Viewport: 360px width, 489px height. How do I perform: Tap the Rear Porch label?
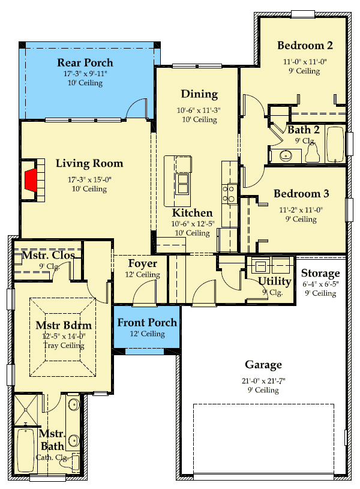pos(85,62)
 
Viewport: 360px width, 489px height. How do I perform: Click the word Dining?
pos(199,94)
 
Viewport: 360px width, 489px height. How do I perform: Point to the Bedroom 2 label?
pos(305,46)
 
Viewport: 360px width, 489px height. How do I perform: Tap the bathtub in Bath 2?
pos(335,145)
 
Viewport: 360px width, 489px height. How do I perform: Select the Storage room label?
pos(320,274)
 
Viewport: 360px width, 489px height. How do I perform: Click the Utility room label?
pos(275,281)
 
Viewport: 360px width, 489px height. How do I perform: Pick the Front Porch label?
pos(147,323)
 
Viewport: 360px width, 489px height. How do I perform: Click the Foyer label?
pos(143,264)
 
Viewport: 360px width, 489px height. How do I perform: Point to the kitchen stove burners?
pos(229,193)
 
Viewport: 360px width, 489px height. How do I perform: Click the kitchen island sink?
pos(182,182)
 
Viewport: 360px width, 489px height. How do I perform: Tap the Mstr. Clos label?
pos(49,256)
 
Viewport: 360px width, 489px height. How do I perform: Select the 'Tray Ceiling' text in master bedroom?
pos(59,346)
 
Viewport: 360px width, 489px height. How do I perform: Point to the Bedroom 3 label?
pos(301,194)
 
